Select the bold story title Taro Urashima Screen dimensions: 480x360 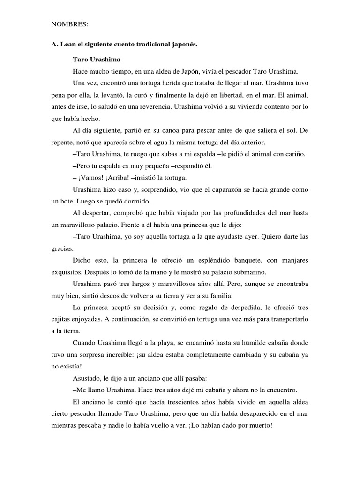coord(97,60)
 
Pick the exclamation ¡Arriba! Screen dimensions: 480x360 coord(117,178)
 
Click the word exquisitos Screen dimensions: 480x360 coord(68,272)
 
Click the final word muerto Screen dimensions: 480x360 coord(257,425)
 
